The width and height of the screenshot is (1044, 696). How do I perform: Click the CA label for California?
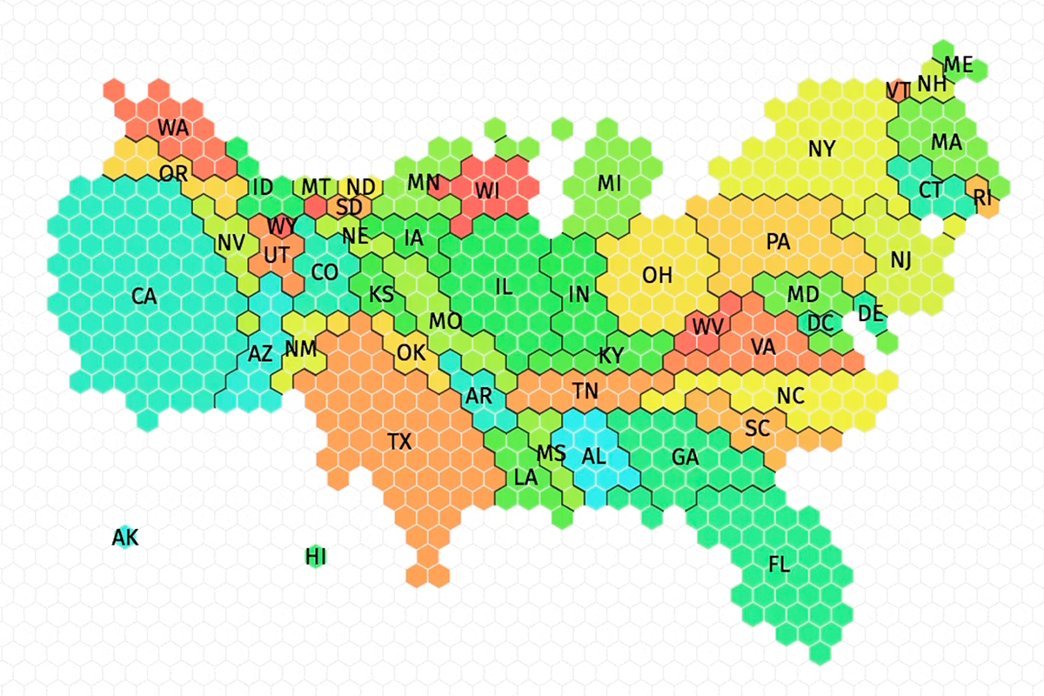tap(144, 297)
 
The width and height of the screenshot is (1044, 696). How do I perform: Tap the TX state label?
tap(399, 441)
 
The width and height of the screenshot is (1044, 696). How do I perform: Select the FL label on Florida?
tap(779, 565)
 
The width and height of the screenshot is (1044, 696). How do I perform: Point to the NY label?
tap(821, 149)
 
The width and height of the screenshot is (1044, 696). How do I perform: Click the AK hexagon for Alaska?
tap(125, 539)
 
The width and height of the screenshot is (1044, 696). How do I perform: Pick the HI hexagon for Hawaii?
tap(316, 557)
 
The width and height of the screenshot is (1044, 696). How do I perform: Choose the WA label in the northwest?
tap(173, 128)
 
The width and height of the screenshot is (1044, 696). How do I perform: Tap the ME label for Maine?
tap(959, 64)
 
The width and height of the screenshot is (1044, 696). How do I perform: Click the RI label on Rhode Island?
tap(983, 197)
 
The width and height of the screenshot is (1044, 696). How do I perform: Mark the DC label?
tap(820, 323)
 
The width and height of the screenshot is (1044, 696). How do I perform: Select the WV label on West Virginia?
tap(708, 328)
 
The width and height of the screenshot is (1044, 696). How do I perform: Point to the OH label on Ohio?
tap(658, 275)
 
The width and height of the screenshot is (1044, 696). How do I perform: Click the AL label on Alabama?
tap(593, 456)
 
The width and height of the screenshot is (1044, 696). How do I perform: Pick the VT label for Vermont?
tap(897, 90)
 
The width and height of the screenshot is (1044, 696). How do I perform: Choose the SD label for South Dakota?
tap(349, 207)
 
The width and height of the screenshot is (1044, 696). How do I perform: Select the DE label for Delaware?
tap(871, 313)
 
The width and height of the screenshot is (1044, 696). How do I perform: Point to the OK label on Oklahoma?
tap(411, 352)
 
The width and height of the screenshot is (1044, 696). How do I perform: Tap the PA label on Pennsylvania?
tap(778, 242)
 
